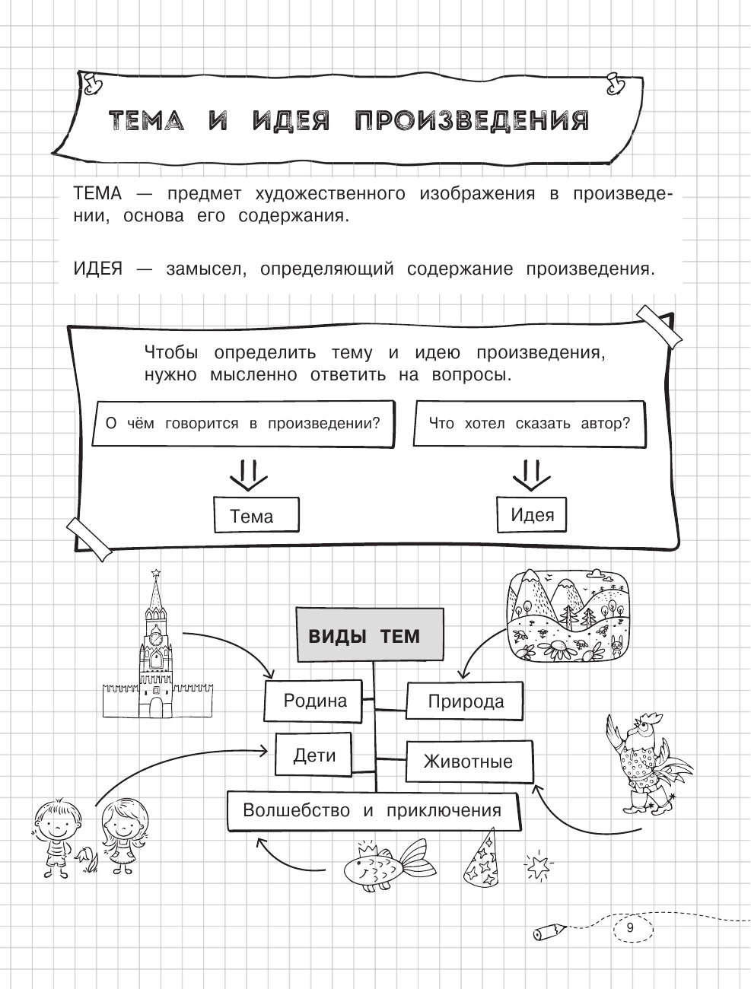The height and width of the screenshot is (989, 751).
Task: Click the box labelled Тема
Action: [x=256, y=517]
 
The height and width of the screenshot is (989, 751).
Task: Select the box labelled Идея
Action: [x=532, y=514]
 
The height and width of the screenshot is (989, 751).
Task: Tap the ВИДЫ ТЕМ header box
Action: [x=369, y=635]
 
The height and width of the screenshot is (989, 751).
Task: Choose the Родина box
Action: [x=315, y=701]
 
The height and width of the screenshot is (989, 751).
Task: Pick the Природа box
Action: [x=465, y=701]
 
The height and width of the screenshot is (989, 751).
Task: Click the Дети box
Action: [x=314, y=755]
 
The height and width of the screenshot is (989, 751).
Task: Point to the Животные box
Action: [x=468, y=762]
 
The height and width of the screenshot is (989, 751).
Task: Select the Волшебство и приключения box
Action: [x=372, y=810]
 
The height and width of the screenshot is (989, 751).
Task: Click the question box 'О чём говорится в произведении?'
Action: [x=242, y=423]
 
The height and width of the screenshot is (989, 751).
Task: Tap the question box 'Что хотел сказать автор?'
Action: [x=529, y=423]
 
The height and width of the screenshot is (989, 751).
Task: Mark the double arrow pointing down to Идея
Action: [x=531, y=475]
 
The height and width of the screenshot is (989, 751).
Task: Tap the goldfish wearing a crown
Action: [x=384, y=863]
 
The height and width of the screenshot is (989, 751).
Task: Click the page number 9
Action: [x=629, y=927]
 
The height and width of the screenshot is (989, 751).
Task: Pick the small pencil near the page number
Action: [x=551, y=930]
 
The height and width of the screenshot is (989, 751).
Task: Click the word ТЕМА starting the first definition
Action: [x=97, y=194]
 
